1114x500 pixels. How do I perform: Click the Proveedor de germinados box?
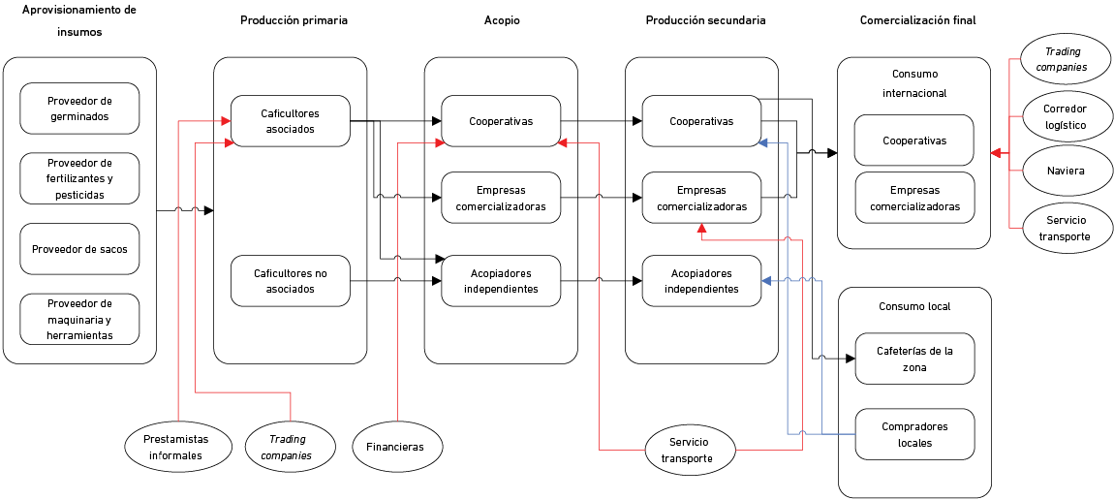pos(79,108)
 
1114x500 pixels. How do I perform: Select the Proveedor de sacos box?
pos(79,249)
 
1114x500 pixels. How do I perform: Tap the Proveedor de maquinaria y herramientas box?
pos(79,319)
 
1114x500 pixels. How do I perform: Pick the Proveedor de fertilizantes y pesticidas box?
pos(79,178)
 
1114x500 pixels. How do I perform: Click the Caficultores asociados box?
pos(291,121)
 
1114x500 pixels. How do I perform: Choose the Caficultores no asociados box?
pos(291,281)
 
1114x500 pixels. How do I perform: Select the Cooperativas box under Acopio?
pos(501,121)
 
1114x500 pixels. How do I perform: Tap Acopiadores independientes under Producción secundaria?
pos(701,281)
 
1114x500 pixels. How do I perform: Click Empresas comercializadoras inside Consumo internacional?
pos(914,198)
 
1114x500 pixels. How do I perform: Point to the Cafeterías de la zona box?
pos(914,359)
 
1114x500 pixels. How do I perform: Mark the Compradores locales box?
pos(914,434)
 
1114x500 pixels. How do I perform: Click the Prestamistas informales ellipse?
pos(180,447)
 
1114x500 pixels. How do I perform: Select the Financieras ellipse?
pos(395,448)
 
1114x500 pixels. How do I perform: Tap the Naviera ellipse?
pos(1065,171)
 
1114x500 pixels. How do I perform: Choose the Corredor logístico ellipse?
pos(1065,117)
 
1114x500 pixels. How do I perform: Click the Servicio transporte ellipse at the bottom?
pos(692,451)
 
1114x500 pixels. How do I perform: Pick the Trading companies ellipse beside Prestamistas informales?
pos(291,447)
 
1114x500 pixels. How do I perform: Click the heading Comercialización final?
pos(917,19)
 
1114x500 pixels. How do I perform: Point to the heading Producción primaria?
pos(294,19)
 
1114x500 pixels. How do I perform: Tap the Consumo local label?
pos(914,306)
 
